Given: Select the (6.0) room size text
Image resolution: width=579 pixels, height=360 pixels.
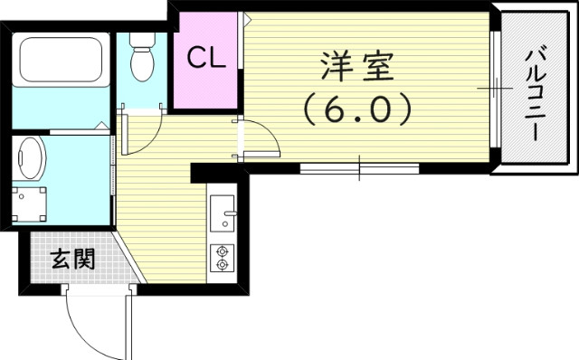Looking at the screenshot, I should point(356,110).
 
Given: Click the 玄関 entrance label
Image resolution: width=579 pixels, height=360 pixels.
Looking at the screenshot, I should point(71,261).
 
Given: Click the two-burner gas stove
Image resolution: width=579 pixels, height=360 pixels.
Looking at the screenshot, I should point(222,257).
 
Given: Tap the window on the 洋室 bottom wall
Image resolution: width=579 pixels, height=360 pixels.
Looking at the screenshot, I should point(359,167).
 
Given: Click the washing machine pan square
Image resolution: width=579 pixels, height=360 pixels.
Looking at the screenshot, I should point(33,204).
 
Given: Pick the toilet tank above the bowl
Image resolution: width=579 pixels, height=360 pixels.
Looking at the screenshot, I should point(141,39).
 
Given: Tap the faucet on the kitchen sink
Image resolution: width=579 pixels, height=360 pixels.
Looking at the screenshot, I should point(231,217).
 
